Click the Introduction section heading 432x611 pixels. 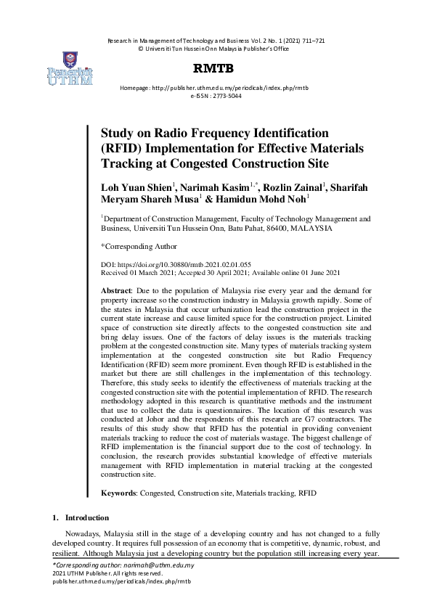[x=86, y=518]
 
